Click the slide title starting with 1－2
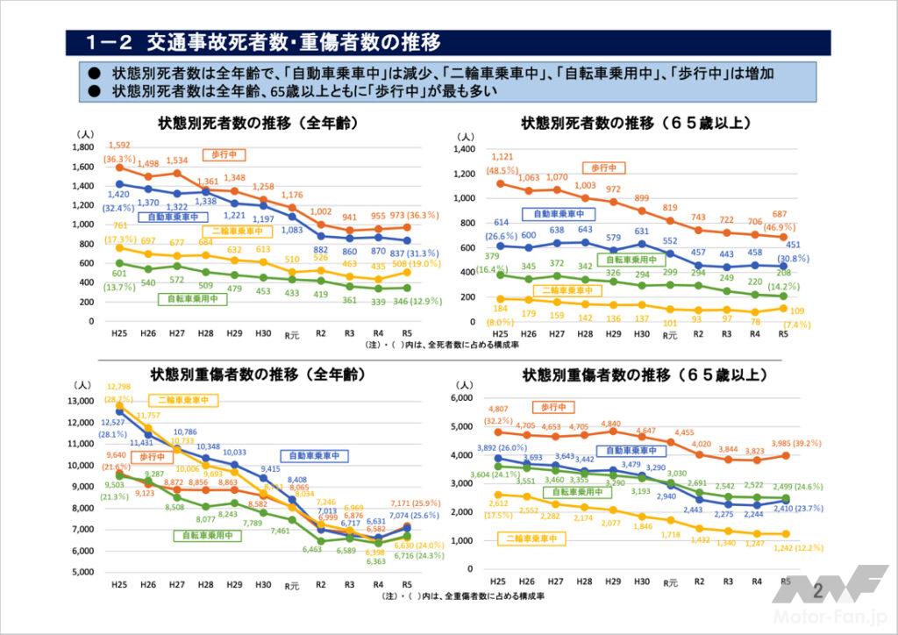click(x=263, y=42)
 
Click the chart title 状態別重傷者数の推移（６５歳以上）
click(x=645, y=375)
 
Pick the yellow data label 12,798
click(x=120, y=386)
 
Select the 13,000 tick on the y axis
click(x=79, y=401)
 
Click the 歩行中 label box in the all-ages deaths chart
click(x=224, y=154)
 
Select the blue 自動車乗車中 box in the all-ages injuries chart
click(x=315, y=455)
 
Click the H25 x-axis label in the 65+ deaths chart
click(x=499, y=334)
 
